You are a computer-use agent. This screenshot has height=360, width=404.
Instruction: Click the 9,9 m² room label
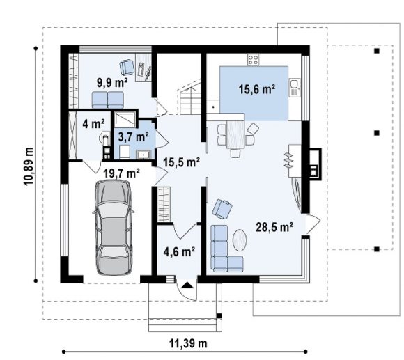112,83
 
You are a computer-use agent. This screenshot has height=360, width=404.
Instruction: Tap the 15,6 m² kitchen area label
256,89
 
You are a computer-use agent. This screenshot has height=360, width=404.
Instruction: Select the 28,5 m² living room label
274,227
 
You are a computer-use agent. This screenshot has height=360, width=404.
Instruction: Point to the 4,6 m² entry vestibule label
179,251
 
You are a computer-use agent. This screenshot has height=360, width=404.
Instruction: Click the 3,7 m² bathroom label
133,136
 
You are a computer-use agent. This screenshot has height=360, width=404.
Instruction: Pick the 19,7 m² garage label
122,173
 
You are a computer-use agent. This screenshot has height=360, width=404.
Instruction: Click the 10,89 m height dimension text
29,166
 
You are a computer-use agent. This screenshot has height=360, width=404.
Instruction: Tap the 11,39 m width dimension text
188,343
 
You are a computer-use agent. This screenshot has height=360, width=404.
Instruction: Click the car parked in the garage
114,228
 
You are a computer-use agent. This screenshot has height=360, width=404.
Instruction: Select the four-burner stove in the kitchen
253,60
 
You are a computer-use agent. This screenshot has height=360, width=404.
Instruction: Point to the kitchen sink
295,88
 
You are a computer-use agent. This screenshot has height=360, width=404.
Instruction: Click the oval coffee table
240,240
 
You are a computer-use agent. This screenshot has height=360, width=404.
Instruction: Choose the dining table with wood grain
235,134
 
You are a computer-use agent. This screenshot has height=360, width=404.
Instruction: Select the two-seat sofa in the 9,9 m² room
108,100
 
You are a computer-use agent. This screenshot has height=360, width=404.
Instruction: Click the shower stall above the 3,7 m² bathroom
125,120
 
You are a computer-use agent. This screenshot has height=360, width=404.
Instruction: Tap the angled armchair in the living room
222,209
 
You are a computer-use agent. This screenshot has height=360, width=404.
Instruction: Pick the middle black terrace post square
377,133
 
